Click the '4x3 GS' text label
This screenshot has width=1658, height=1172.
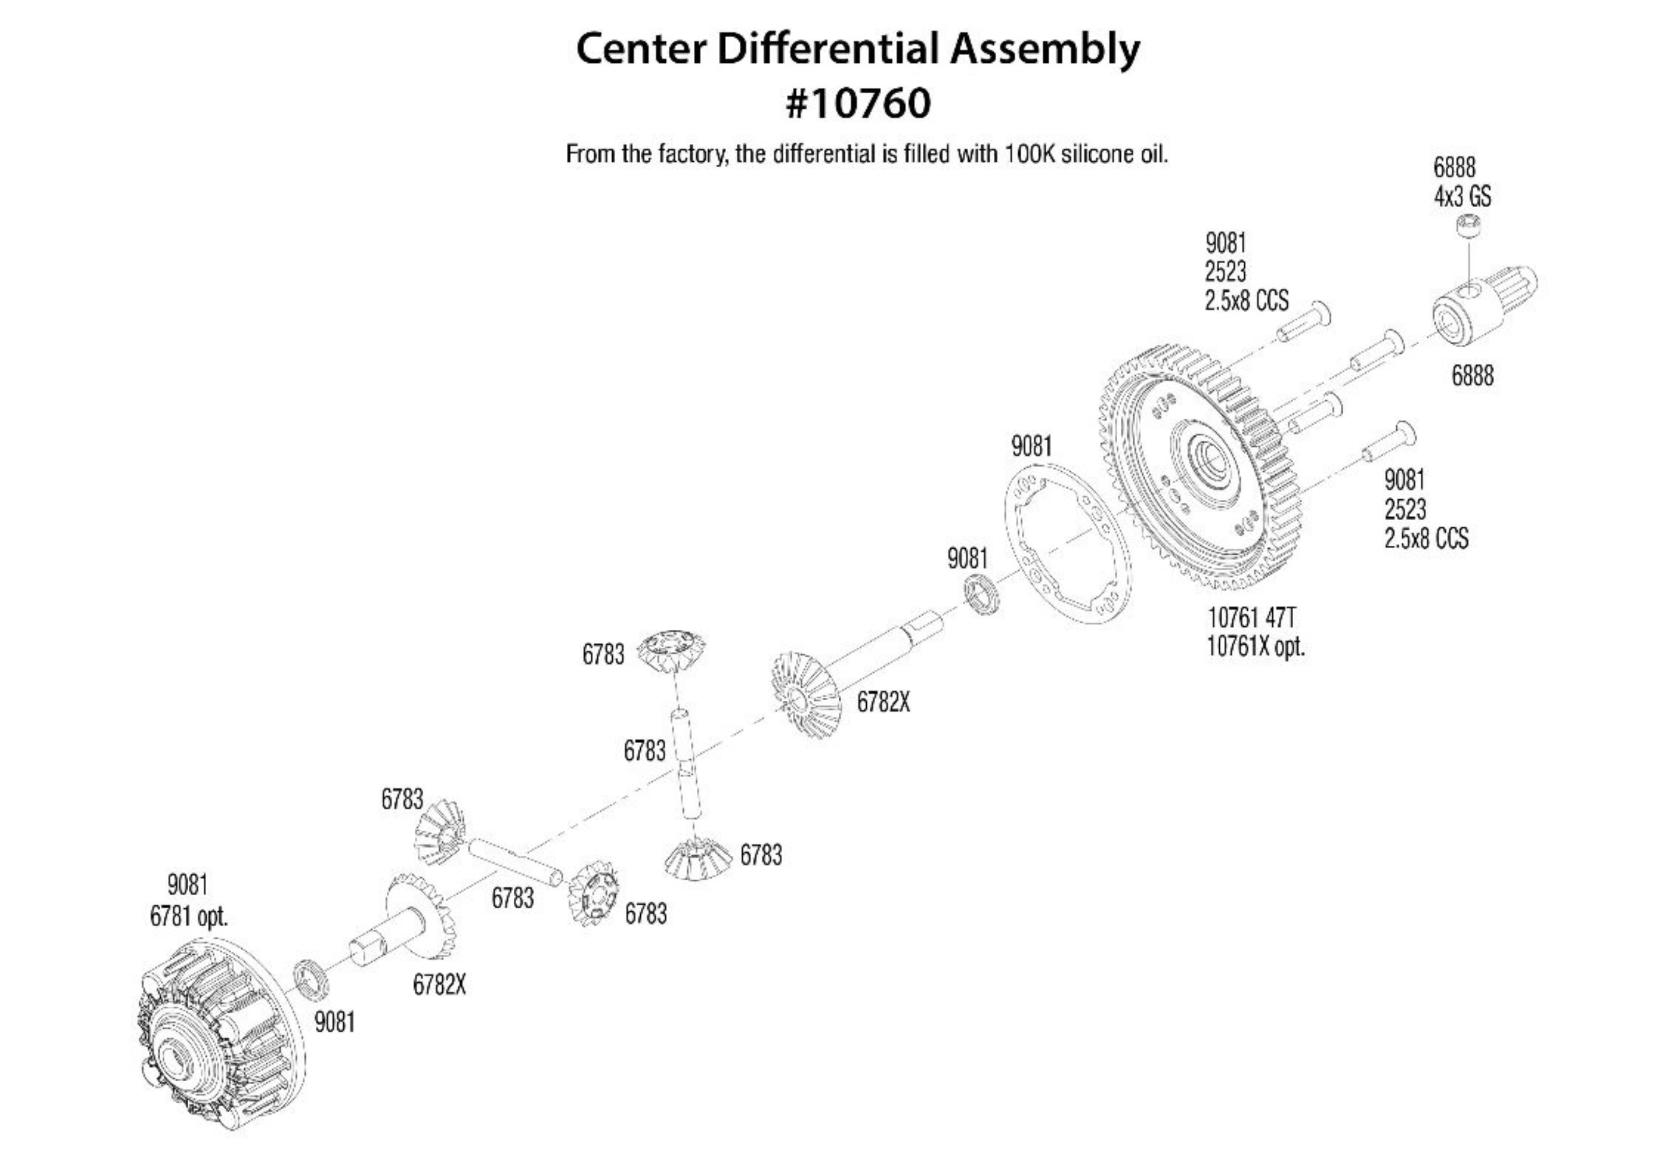(x=1462, y=196)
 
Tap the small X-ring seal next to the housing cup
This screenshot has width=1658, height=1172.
(x=311, y=979)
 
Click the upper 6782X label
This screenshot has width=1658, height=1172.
(x=883, y=701)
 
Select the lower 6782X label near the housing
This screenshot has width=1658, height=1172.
(x=439, y=985)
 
